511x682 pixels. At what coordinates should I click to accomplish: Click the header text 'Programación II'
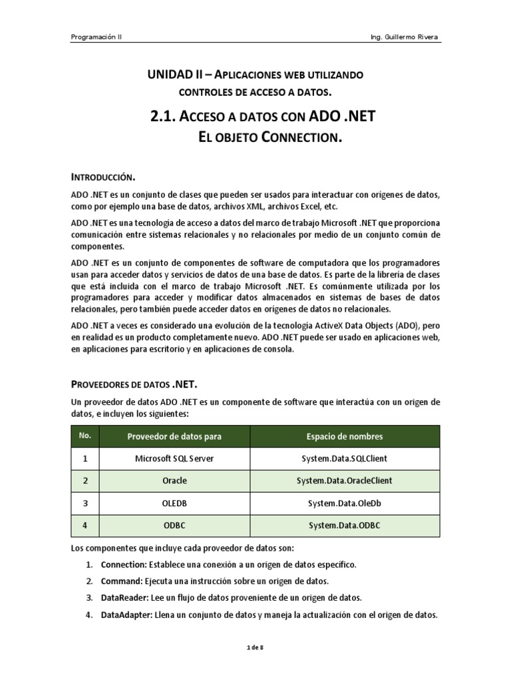click(x=96, y=37)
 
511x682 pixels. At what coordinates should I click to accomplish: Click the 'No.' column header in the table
click(x=85, y=436)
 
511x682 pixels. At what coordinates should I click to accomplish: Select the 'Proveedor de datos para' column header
click(x=174, y=436)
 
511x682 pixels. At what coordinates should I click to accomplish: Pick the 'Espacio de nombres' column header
click(x=344, y=436)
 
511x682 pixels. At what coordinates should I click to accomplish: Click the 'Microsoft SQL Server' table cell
click(x=174, y=458)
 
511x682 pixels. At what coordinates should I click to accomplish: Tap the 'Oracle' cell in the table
click(x=174, y=480)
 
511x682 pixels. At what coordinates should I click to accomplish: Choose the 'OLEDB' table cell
click(x=174, y=503)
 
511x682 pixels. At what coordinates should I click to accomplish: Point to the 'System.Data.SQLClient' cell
click(x=344, y=458)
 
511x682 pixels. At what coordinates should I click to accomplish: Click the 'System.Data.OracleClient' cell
click(x=344, y=480)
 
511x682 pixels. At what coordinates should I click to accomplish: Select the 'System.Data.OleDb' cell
click(x=344, y=503)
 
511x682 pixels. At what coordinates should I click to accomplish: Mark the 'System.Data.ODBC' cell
click(x=344, y=525)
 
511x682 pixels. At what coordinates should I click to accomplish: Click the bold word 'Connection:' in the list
click(x=122, y=565)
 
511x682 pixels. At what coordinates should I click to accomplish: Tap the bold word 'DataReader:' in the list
click(x=124, y=598)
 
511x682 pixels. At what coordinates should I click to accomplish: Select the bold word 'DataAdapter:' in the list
click(x=126, y=615)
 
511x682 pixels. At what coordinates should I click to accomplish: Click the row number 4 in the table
click(x=85, y=525)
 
